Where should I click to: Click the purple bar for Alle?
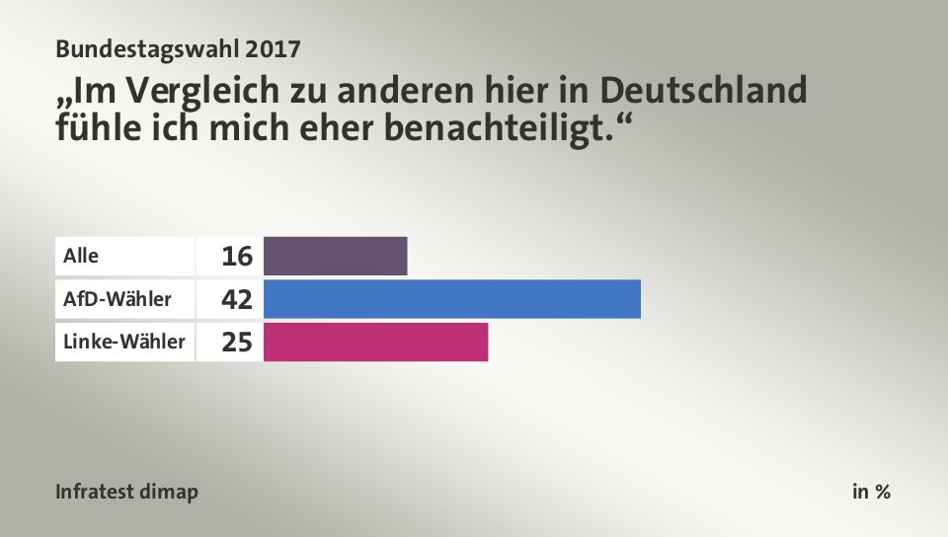point(336,256)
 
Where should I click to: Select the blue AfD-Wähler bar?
point(452,299)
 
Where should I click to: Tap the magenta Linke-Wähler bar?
point(376,342)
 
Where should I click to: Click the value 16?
point(237,257)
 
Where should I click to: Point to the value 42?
point(237,299)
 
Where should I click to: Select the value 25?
point(237,343)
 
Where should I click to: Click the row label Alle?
point(81,256)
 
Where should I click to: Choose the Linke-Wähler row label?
point(123,342)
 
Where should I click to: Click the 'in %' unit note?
point(871,492)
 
